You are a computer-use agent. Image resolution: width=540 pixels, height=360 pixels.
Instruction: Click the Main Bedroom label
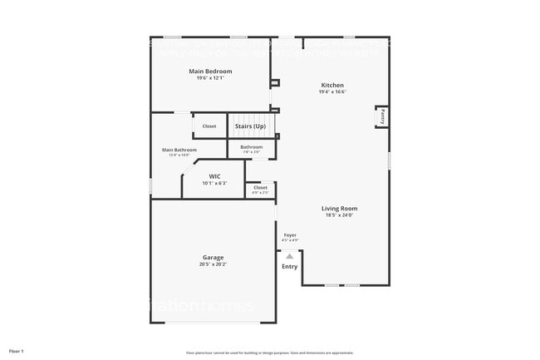pos(210,72)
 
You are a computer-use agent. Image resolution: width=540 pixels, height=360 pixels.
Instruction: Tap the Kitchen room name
pos(332,85)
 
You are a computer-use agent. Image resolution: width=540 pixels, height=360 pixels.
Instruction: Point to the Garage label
pos(213,257)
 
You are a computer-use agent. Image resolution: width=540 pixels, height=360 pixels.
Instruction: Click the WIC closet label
pos(214,176)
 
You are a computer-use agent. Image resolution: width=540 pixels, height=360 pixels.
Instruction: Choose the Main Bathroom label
pos(179,150)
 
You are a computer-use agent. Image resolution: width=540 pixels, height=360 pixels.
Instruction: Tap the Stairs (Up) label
pos(250,126)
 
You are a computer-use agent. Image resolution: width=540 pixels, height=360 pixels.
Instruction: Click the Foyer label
pos(290,235)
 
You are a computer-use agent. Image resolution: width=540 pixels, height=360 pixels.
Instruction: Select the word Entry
pos(289,267)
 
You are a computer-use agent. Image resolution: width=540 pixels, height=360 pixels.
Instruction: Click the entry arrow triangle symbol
pos(289,256)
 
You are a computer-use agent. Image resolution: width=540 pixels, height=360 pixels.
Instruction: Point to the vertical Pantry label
pos(382,118)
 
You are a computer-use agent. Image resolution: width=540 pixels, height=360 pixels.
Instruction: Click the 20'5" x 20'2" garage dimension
pos(213,264)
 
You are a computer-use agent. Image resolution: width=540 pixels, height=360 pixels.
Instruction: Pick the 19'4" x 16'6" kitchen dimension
pos(332,92)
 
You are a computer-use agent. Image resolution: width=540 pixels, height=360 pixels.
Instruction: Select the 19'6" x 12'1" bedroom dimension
pos(210,78)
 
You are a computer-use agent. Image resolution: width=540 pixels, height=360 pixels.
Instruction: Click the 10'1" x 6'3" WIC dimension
pos(214,183)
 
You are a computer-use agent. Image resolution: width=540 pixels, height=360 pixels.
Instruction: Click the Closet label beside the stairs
pos(209,126)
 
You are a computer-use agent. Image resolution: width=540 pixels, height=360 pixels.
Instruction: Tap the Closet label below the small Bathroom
pos(260,188)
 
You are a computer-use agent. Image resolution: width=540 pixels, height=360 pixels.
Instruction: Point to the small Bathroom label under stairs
pos(252,147)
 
